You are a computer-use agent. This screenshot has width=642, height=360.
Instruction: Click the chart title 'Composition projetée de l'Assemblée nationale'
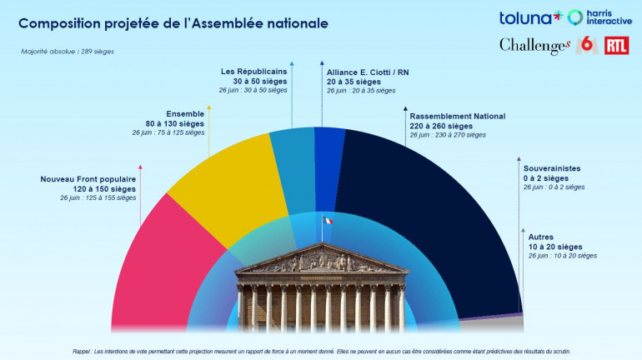click(x=173, y=22)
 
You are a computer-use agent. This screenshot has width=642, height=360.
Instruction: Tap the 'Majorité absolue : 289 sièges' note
click(x=68, y=52)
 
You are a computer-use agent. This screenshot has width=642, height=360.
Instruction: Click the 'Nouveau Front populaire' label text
click(x=88, y=179)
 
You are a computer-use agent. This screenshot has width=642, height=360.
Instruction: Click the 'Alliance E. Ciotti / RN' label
click(x=367, y=72)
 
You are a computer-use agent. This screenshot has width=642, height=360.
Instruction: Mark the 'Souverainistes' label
click(x=551, y=168)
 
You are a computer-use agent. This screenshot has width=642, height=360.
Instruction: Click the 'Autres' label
click(x=541, y=237)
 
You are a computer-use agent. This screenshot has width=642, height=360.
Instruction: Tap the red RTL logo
click(x=617, y=46)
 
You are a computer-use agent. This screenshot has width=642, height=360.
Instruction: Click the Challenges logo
click(x=534, y=47)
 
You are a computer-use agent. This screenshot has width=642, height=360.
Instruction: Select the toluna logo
click(x=531, y=17)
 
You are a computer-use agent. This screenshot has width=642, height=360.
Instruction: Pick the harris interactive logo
click(x=599, y=17)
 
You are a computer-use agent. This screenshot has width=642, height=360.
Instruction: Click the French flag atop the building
click(x=327, y=220)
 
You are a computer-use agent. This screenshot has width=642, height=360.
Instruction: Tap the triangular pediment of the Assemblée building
click(x=321, y=260)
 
